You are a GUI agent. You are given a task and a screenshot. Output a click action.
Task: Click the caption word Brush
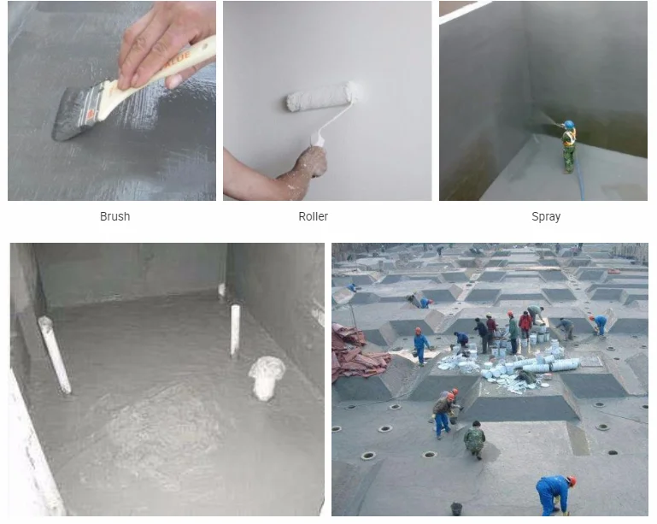tap(114, 216)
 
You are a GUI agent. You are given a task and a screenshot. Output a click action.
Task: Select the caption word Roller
tap(313, 216)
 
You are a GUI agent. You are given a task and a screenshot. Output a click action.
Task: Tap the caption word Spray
tap(546, 216)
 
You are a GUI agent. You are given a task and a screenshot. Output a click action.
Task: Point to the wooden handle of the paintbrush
tap(162, 74)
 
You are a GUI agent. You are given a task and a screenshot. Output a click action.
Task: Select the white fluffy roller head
tap(321, 97)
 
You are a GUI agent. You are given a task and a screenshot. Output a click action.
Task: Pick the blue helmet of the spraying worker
tap(568, 125)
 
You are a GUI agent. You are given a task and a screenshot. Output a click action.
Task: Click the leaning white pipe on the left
tap(55, 354)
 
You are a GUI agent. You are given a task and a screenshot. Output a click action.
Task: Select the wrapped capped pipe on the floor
tap(267, 376)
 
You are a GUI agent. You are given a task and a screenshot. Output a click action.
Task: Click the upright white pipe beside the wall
tap(234, 330)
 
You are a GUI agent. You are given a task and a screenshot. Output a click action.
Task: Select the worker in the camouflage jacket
tap(474, 440)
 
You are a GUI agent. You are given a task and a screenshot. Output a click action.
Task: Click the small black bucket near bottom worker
tap(457, 508)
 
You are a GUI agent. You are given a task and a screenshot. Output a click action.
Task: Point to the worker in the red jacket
tap(525, 324)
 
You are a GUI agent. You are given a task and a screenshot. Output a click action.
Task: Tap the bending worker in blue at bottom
tap(554, 493)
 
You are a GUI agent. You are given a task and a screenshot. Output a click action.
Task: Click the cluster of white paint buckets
tap(530, 359)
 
